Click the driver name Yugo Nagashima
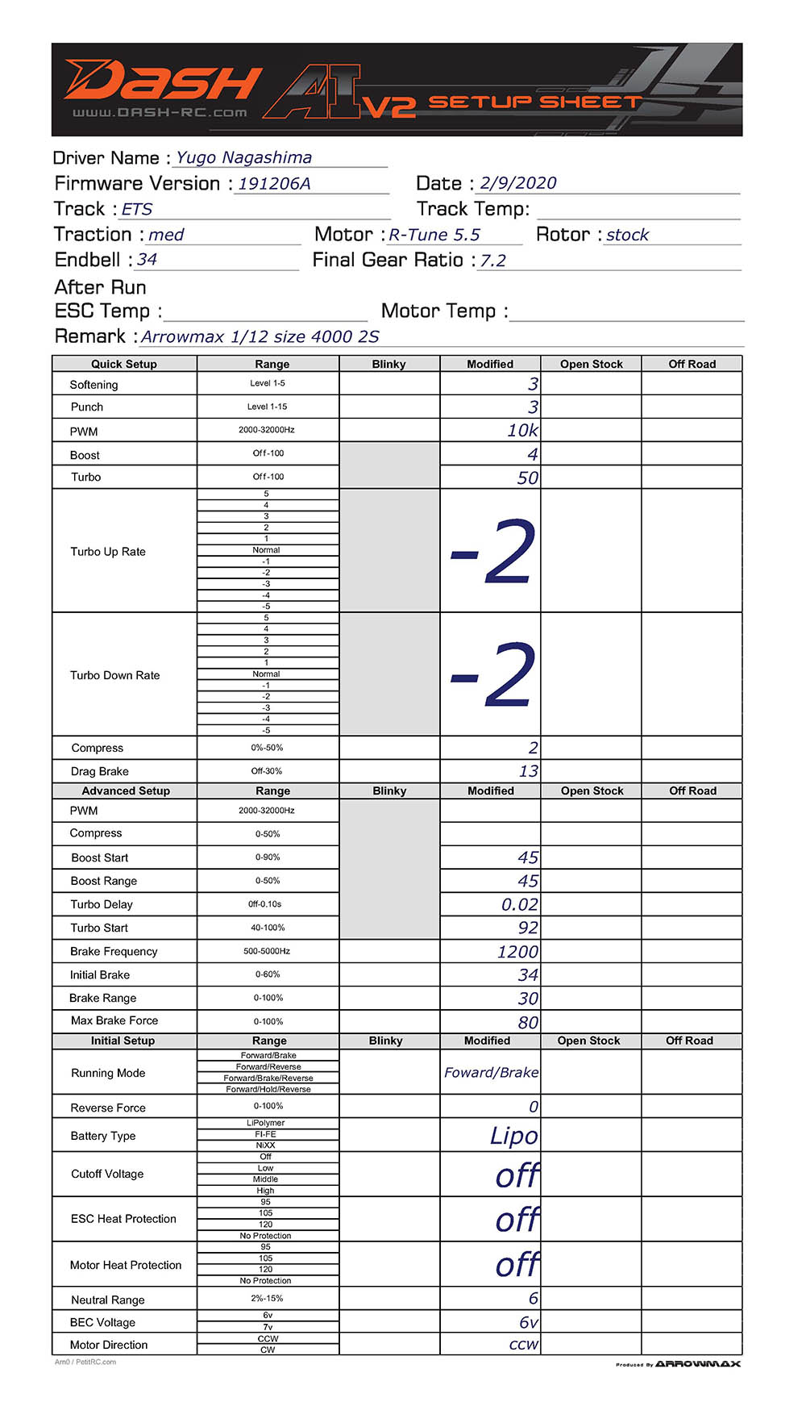pos(243,158)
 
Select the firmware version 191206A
pos(274,184)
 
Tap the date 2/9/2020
pos(517,183)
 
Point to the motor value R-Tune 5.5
pos(434,235)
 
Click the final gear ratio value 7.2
pos(492,261)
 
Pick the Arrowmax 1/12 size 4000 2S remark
pos(260,336)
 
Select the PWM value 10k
pos(522,430)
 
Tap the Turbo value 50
pos(527,478)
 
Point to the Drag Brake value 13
pos(528,771)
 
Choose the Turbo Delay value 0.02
pos(519,904)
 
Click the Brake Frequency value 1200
pos(517,952)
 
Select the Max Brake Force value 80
pos(528,1022)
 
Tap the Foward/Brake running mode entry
pos(491,1072)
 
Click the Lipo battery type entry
pos(513,1136)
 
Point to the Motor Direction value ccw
pos(523,1345)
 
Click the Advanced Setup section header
pos(126,791)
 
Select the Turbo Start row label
pos(99,928)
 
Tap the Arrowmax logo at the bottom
pos(697,1364)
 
